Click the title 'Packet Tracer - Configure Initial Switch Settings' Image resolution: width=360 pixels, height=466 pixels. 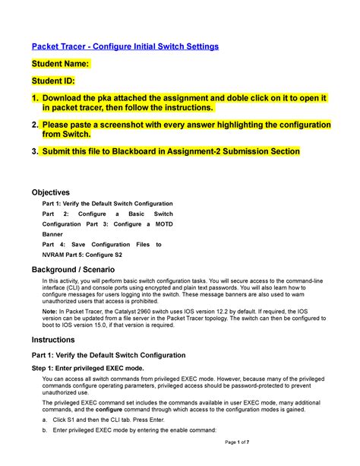(124, 46)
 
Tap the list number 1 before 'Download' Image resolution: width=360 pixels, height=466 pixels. (33, 97)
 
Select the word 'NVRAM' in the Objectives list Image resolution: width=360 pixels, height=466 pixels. (55, 255)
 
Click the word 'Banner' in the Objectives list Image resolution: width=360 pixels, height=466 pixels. (55, 235)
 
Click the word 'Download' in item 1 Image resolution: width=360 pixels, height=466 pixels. (67, 97)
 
